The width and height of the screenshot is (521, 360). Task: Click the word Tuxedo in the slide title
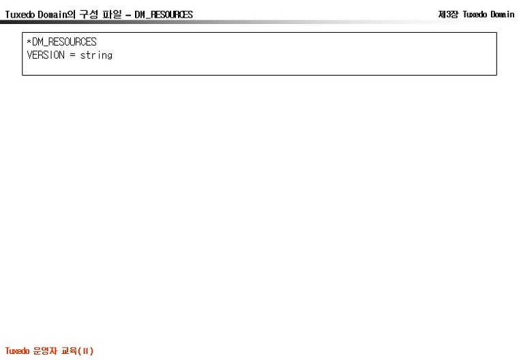coord(20,14)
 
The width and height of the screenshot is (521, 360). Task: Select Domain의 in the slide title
coord(57,14)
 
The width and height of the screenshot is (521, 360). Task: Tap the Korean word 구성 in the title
coord(89,14)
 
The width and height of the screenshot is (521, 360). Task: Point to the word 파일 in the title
coord(112,14)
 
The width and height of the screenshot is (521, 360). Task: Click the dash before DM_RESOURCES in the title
coord(128,15)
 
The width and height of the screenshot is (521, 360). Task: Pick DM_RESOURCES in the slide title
coord(164,14)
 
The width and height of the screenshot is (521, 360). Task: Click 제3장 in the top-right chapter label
coord(449,14)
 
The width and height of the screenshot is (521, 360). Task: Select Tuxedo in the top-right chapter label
coord(475,14)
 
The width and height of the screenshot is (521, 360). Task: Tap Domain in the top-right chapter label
coord(503,14)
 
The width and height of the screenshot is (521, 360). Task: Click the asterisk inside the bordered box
coord(29,42)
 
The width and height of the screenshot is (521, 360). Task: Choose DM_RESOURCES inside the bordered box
coord(64,42)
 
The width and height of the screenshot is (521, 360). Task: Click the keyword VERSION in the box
coord(46,55)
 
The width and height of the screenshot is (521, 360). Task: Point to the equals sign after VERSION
coord(72,55)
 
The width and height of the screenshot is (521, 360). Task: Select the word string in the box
coord(96,55)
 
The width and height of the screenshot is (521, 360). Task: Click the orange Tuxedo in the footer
coord(17,350)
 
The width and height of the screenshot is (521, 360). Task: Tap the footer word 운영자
coord(45,350)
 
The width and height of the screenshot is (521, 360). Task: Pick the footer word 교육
coord(70,350)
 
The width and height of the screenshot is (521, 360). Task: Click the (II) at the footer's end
coord(86,351)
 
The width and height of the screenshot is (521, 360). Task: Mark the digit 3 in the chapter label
coord(448,14)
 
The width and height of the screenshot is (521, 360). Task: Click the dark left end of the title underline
coord(1,22)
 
